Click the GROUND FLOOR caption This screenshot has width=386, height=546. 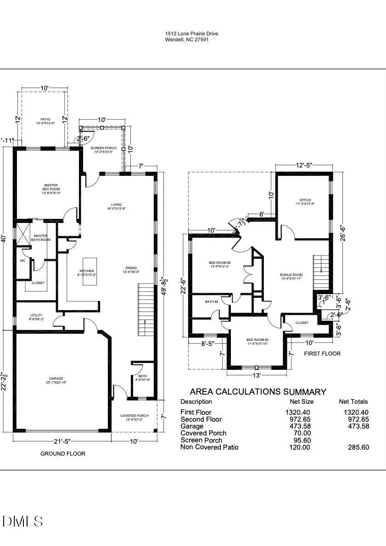[63, 453]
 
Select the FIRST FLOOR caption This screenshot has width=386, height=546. [322, 354]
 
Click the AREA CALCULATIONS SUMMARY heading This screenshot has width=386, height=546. [258, 392]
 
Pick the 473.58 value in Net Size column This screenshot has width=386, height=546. [298, 426]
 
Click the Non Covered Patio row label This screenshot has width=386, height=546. [209, 447]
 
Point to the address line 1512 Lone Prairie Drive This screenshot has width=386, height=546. [192, 33]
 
